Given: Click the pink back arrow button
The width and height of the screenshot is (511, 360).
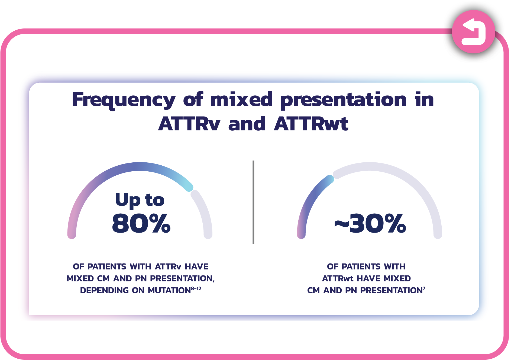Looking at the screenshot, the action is pos(473,32).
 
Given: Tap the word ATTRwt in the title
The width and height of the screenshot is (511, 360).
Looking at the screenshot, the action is pos(311,124).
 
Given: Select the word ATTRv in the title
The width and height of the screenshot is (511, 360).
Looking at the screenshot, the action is pos(189,124).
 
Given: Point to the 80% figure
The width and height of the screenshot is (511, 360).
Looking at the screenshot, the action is pos(141,223).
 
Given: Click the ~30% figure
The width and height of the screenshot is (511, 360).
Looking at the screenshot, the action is pos(370,223).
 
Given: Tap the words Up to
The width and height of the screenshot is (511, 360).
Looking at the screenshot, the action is pos(140,200).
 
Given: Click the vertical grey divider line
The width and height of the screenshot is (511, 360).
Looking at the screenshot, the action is pos(253,202).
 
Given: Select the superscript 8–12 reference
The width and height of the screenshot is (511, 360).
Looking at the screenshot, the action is pos(196,288).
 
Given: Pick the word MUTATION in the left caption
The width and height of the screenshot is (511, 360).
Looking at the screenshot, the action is pos(169,291).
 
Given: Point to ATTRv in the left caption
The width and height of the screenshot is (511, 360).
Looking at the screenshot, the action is pos(168,266).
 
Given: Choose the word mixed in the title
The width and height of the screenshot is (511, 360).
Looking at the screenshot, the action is pos(241,99).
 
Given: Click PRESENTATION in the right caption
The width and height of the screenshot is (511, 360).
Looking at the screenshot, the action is pos(391,291).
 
